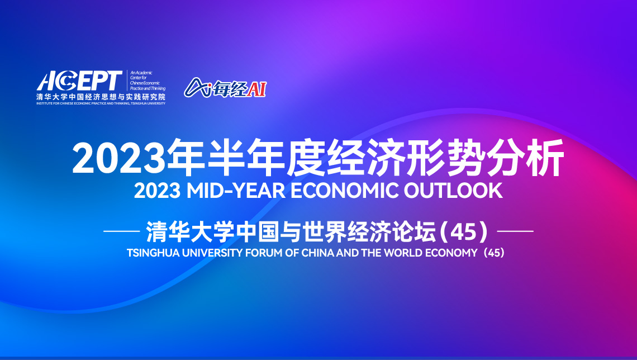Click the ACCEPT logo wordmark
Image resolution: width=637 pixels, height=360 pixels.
point(79,81)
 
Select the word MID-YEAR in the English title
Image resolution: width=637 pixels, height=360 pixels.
point(236,191)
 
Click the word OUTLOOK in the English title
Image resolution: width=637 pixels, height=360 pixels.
point(453,191)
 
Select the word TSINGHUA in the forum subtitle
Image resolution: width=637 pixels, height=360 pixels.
point(153,253)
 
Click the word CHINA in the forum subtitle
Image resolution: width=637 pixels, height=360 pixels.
point(318,253)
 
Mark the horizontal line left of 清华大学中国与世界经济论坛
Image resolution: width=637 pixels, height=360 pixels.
point(122,231)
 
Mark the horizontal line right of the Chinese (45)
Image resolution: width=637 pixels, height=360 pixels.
point(515,231)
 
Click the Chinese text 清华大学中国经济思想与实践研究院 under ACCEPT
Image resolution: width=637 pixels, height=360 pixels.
point(101,97)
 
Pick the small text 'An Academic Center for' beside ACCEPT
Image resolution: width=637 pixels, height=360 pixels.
point(141,75)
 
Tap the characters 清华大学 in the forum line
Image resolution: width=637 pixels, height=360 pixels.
point(191,231)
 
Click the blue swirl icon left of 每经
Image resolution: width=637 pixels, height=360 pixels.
point(197,87)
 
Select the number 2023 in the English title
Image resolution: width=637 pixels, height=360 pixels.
point(157,191)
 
